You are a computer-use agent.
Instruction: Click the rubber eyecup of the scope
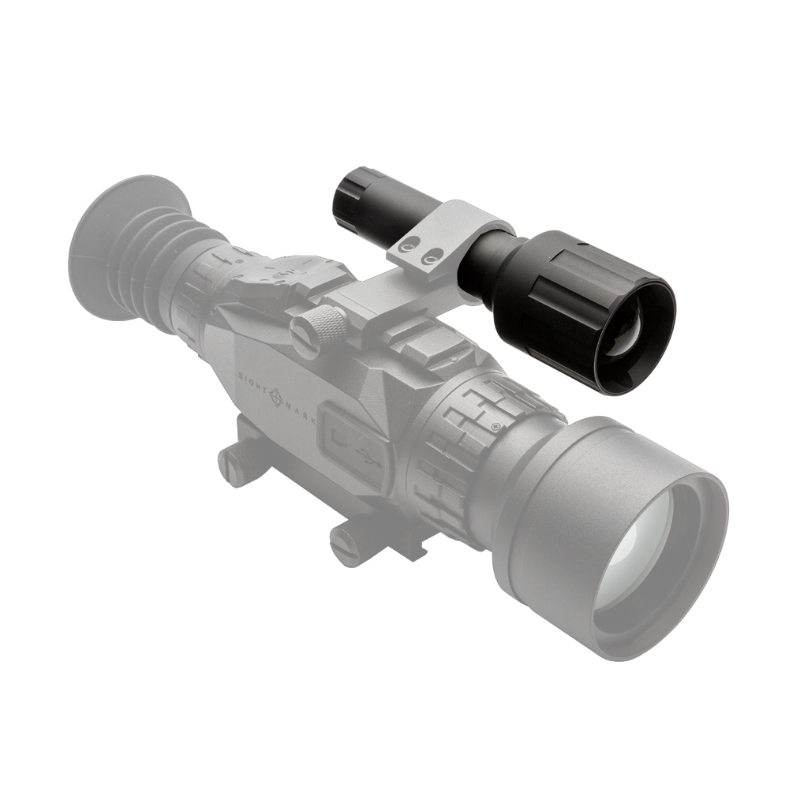(118, 245)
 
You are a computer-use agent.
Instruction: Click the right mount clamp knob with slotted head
(347, 544)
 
